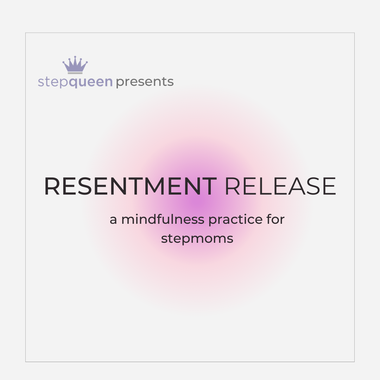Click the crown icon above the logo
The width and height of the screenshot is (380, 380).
(75, 65)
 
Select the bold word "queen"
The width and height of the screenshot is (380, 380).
(91, 82)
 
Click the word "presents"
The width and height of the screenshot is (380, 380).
(145, 82)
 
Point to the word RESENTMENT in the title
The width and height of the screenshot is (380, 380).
(131, 186)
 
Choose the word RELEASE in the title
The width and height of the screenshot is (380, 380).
(280, 186)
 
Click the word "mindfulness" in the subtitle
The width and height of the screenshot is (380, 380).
(163, 219)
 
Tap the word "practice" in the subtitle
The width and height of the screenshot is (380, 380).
(235, 220)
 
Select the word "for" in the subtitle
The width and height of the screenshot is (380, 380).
(275, 219)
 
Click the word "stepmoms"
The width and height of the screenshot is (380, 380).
(197, 239)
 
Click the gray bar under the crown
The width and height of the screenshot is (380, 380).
(75, 73)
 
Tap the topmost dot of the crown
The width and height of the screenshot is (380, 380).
(75, 57)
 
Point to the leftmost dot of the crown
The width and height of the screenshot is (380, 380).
(64, 63)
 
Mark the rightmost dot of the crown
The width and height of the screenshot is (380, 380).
(87, 63)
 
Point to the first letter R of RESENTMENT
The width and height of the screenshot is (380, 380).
(52, 186)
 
